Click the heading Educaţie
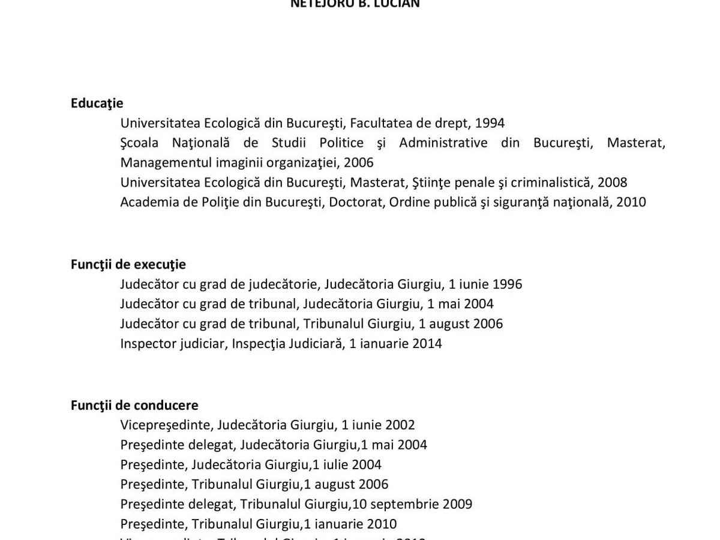click(97, 103)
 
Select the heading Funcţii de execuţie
click(128, 265)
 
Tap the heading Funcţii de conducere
click(134, 406)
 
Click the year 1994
click(490, 124)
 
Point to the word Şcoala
click(139, 143)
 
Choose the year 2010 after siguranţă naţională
click(631, 202)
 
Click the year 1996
click(507, 284)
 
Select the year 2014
click(427, 344)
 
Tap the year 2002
click(400, 425)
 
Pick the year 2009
click(457, 504)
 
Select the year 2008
click(612, 182)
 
